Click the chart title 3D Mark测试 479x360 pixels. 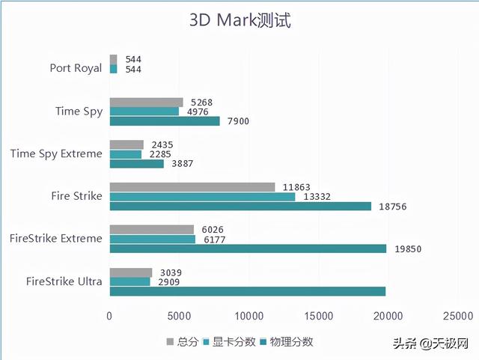(239, 20)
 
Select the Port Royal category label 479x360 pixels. (76, 68)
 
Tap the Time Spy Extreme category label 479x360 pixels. (56, 153)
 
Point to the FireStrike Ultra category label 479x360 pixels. (64, 281)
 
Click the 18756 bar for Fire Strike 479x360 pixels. (240, 207)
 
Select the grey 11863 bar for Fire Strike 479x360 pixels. (192, 187)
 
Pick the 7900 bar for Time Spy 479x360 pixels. (165, 121)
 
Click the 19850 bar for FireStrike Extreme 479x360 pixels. (248, 248)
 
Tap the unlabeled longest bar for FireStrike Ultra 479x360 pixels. (248, 291)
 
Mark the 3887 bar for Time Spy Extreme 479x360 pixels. (137, 164)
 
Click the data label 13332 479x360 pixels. (314, 197)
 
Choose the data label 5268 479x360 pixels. (202, 103)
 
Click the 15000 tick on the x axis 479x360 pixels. (318, 317)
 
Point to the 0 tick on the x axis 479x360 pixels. (110, 317)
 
